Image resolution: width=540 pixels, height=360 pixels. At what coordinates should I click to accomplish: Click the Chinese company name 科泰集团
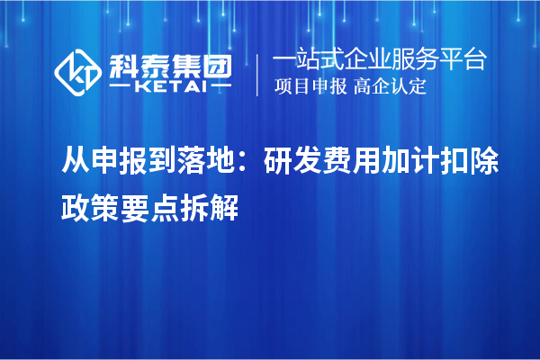click(x=167, y=65)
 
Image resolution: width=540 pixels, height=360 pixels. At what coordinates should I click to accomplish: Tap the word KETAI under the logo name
click(x=167, y=87)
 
